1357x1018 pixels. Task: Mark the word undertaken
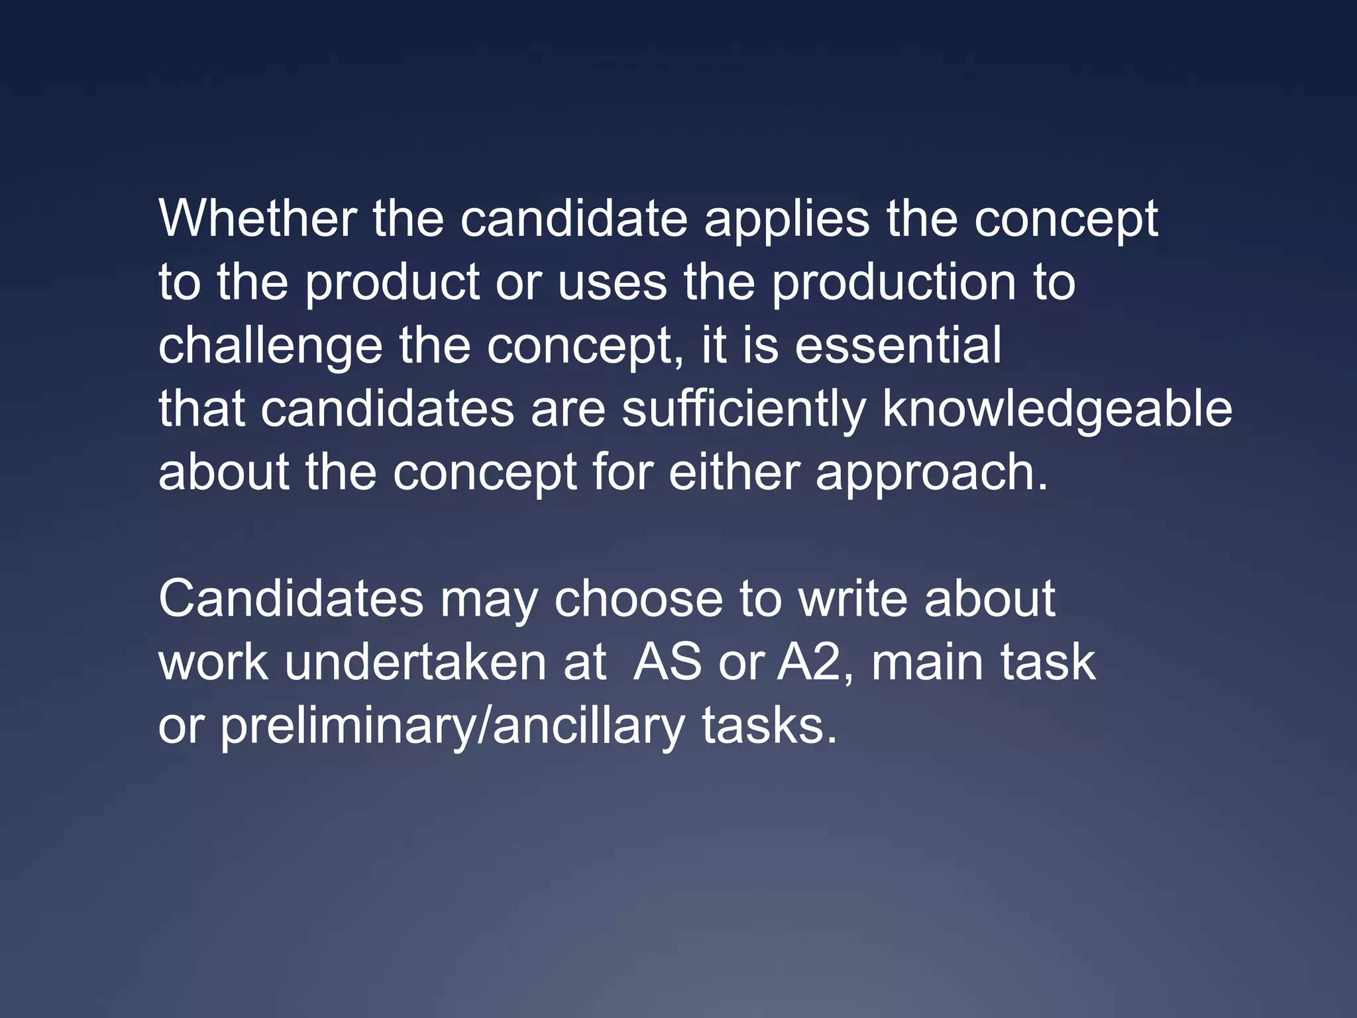[x=415, y=661]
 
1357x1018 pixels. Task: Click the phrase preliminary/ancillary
[x=452, y=726]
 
